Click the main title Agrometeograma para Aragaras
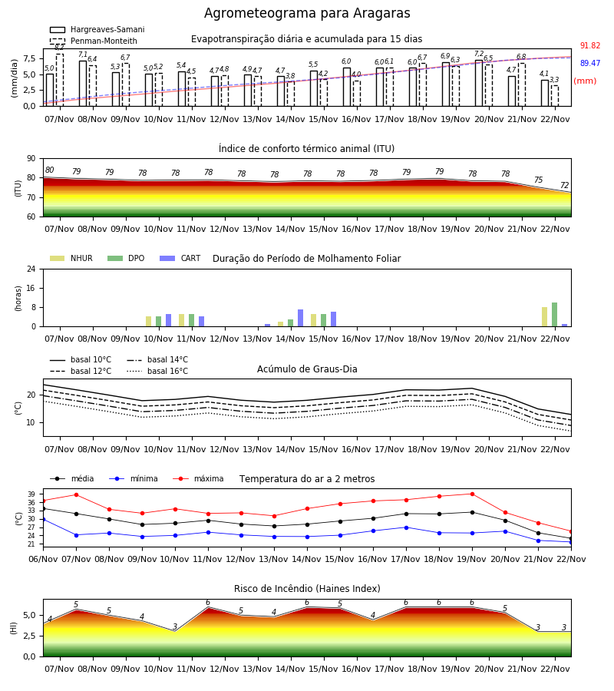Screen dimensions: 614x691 point(307,13)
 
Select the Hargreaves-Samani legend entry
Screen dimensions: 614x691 point(97,29)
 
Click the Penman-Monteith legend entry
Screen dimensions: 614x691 point(94,41)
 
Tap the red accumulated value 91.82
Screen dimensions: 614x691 point(590,45)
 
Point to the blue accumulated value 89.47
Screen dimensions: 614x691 point(590,63)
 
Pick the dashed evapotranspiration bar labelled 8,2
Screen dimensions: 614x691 point(59,80)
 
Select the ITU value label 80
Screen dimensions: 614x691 point(49,170)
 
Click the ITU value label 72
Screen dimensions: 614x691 point(564,186)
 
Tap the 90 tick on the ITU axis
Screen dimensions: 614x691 point(31,159)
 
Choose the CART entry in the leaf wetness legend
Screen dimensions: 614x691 point(180,258)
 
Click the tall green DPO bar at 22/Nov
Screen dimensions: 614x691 point(555,315)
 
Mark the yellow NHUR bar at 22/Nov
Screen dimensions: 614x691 point(544,317)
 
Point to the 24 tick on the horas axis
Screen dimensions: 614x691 point(31,269)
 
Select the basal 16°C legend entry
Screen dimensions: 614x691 point(157,371)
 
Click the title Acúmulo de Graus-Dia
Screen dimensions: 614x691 point(307,369)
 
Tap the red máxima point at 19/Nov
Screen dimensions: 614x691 point(472,494)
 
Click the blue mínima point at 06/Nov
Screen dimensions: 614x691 point(43,520)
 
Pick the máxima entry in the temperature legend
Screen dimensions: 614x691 point(198,478)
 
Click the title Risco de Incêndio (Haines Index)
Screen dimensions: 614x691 point(307,589)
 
